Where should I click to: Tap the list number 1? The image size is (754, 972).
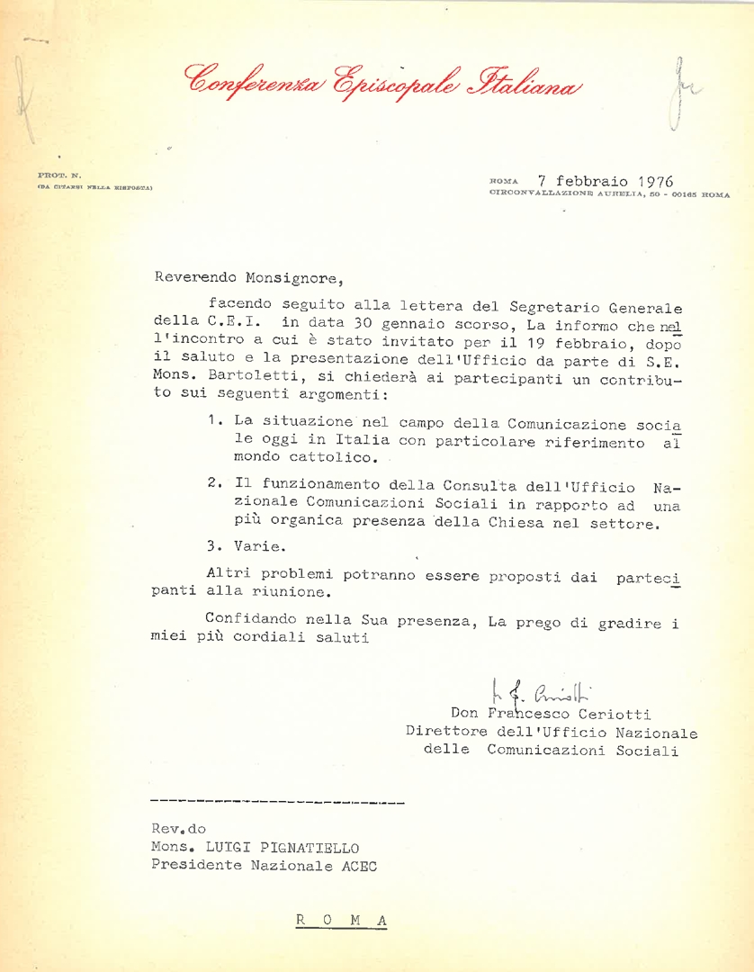[212, 420]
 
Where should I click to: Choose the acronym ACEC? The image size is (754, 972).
[355, 866]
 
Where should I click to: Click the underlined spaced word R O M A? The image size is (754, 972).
[341, 920]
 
